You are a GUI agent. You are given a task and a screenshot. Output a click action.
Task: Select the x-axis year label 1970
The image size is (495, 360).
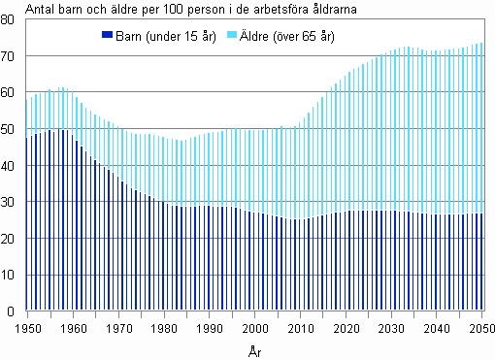pyautogui.click(x=117, y=327)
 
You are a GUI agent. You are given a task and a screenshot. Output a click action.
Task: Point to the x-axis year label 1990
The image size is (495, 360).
pyautogui.click(x=209, y=327)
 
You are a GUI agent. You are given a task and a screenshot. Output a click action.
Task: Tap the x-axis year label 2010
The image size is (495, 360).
pyautogui.click(x=300, y=327)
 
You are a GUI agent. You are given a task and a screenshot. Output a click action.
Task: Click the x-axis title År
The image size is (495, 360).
pyautogui.click(x=254, y=346)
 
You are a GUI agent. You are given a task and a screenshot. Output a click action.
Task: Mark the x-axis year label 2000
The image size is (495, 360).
pyautogui.click(x=254, y=327)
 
